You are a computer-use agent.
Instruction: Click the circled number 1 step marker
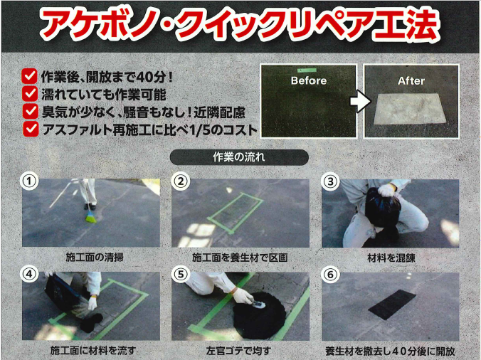29,181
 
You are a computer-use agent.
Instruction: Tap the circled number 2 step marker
181,181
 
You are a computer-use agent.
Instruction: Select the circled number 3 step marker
330,181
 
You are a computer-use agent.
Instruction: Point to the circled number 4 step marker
29,274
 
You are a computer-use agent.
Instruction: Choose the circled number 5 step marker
181,274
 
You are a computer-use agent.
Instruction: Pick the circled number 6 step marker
330,274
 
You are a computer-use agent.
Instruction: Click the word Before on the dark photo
309,80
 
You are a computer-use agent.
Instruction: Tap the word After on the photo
411,81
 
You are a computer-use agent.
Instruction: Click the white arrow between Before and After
360,101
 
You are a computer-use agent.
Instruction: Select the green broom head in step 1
91,218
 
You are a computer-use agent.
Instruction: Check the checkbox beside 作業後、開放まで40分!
30,75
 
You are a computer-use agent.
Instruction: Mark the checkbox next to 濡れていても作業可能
30,93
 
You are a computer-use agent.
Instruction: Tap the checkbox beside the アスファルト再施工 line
31,129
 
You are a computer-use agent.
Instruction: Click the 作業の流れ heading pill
239,157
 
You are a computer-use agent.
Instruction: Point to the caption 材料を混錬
391,258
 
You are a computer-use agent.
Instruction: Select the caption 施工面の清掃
95,257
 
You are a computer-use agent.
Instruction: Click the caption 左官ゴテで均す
238,351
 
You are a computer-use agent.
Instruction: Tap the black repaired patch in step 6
392,305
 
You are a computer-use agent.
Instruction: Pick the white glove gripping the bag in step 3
387,190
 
